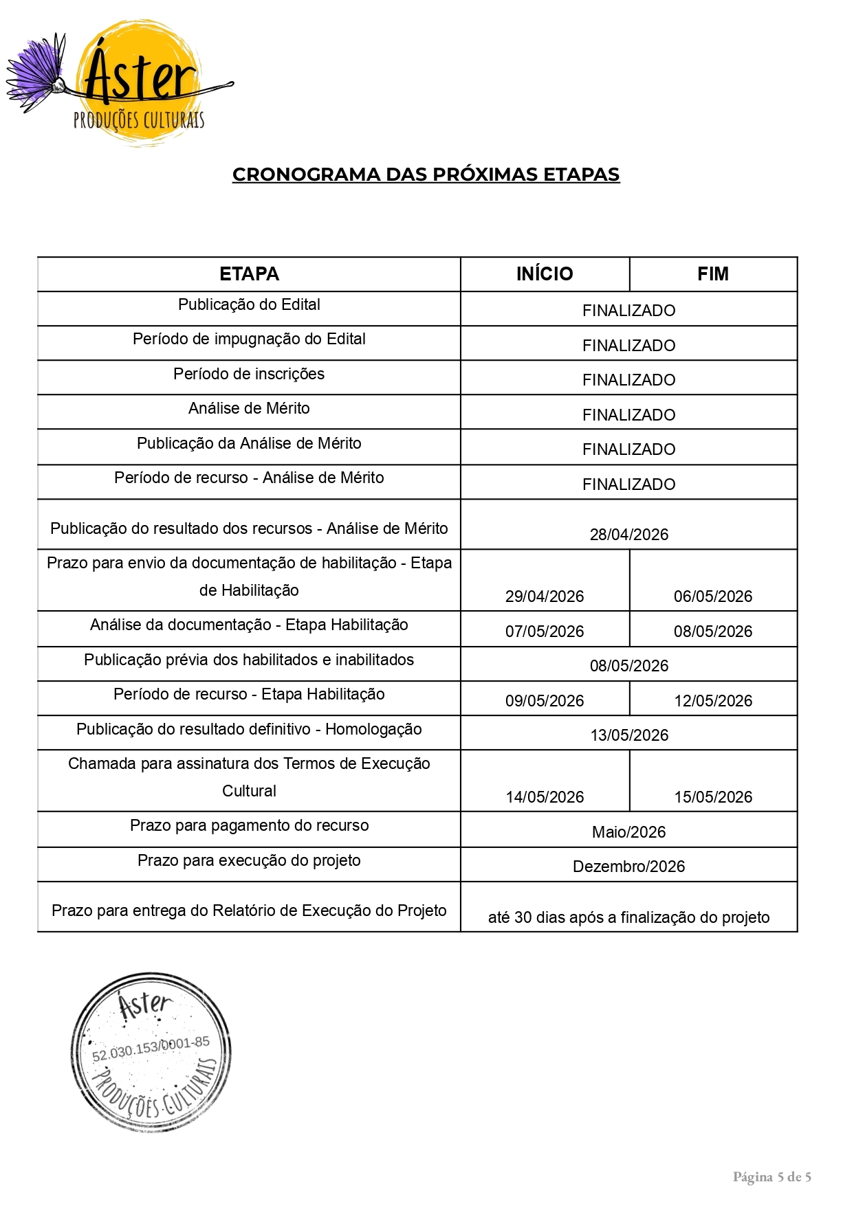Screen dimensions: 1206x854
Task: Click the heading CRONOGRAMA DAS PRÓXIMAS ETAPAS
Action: pos(426,175)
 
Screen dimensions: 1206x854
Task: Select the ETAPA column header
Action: pos(249,274)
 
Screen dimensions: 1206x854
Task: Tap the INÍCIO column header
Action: pos(545,274)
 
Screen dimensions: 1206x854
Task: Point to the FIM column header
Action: pos(712,274)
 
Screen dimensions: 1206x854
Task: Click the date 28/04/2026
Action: pos(628,535)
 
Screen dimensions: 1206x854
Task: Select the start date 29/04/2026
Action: pos(545,596)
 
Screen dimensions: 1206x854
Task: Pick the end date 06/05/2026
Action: pos(713,596)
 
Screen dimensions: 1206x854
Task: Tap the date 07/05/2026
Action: pos(545,632)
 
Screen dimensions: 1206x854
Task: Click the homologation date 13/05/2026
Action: pos(628,735)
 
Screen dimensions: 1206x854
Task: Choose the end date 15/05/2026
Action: pos(713,797)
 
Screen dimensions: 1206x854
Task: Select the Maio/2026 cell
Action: pos(628,832)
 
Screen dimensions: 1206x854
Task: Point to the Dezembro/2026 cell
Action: pos(628,867)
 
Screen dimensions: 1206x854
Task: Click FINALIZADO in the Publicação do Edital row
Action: pos(628,311)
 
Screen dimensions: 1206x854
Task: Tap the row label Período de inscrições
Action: pos(249,374)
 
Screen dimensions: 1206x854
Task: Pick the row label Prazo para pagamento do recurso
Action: pos(249,825)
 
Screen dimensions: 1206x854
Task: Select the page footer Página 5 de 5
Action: pos(771,1177)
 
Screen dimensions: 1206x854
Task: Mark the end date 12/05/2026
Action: pos(713,701)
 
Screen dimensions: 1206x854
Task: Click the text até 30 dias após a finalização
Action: pos(628,917)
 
